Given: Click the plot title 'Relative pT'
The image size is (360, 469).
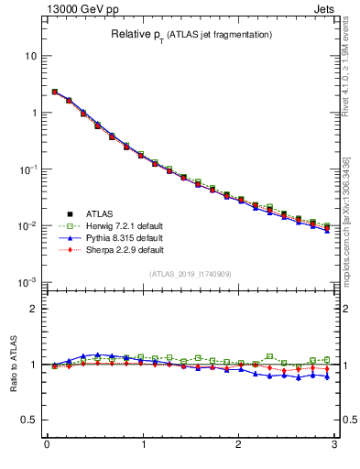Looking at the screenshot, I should pyautogui.click(x=191, y=35).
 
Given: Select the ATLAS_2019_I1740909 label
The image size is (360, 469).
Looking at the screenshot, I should pyautogui.click(x=191, y=274).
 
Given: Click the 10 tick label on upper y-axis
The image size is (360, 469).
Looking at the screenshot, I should pyautogui.click(x=31, y=56).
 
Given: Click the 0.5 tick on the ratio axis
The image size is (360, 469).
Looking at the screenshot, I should pyautogui.click(x=29, y=420).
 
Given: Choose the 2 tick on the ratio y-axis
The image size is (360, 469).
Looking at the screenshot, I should pyautogui.click(x=34, y=309).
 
